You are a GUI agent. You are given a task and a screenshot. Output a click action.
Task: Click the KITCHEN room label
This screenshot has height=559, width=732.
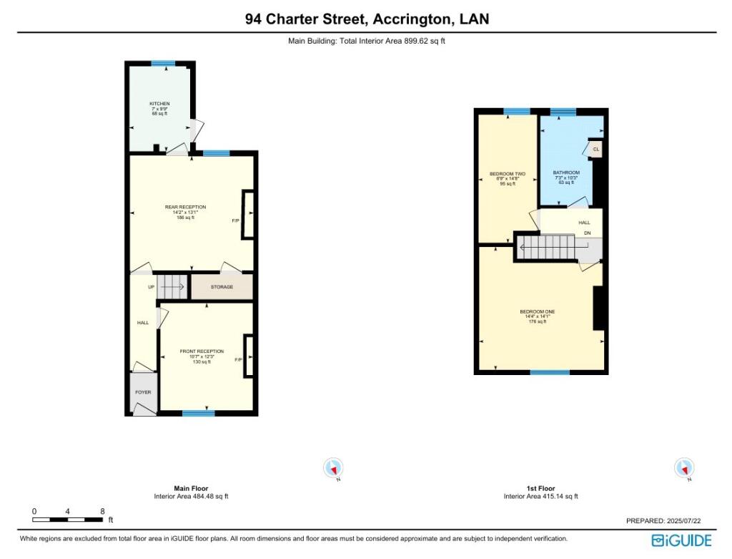click(159, 104)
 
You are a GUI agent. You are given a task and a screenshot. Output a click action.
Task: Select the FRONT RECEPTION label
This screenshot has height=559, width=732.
click(202, 351)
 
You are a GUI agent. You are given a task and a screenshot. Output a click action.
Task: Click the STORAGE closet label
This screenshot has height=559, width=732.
click(222, 287)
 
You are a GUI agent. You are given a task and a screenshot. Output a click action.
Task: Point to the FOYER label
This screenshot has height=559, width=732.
click(143, 392)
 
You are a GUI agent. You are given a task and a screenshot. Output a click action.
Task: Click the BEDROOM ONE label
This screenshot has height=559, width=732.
click(537, 311)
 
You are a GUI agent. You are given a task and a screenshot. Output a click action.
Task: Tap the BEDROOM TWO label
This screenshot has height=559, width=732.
click(508, 174)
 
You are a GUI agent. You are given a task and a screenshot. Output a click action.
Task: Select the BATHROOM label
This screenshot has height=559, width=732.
click(566, 173)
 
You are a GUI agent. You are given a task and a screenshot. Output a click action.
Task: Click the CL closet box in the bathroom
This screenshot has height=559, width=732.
click(596, 150)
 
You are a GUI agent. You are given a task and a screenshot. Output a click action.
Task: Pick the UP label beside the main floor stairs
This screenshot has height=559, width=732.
click(151, 287)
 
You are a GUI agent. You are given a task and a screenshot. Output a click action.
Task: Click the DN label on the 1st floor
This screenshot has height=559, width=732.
click(587, 233)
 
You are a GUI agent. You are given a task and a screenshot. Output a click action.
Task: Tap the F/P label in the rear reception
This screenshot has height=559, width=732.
click(236, 220)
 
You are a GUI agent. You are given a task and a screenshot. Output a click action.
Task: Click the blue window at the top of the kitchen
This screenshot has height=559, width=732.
click(163, 64)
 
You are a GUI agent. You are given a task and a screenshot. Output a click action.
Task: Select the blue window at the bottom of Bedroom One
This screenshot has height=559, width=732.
click(550, 372)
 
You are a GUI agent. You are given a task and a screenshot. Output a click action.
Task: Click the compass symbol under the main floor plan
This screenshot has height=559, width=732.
click(333, 468)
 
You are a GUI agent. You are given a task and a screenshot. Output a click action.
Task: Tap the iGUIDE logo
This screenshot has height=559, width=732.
click(681, 540)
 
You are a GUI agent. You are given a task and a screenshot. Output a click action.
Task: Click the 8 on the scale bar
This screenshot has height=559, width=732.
click(102, 511)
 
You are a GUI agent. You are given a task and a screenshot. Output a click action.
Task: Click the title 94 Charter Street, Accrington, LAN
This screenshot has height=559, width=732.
click(367, 19)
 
